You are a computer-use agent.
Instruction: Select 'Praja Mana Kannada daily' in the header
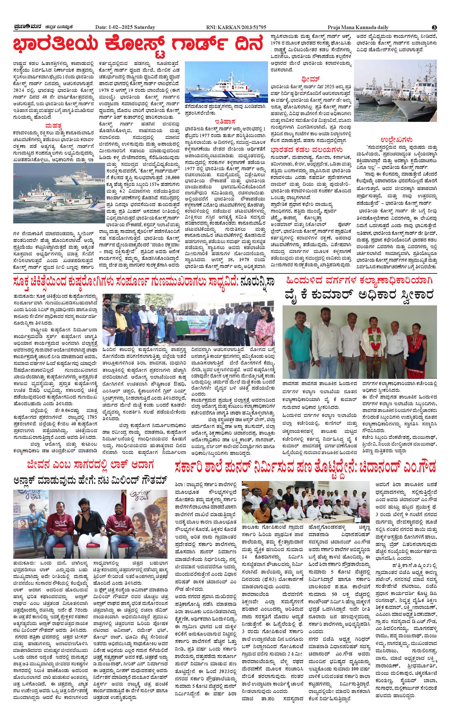click(358, 27)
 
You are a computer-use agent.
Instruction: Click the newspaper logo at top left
click(28, 27)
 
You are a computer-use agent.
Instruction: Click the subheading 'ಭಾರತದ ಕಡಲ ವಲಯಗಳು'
click(306, 149)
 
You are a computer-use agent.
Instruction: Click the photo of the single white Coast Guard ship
click(226, 82)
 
